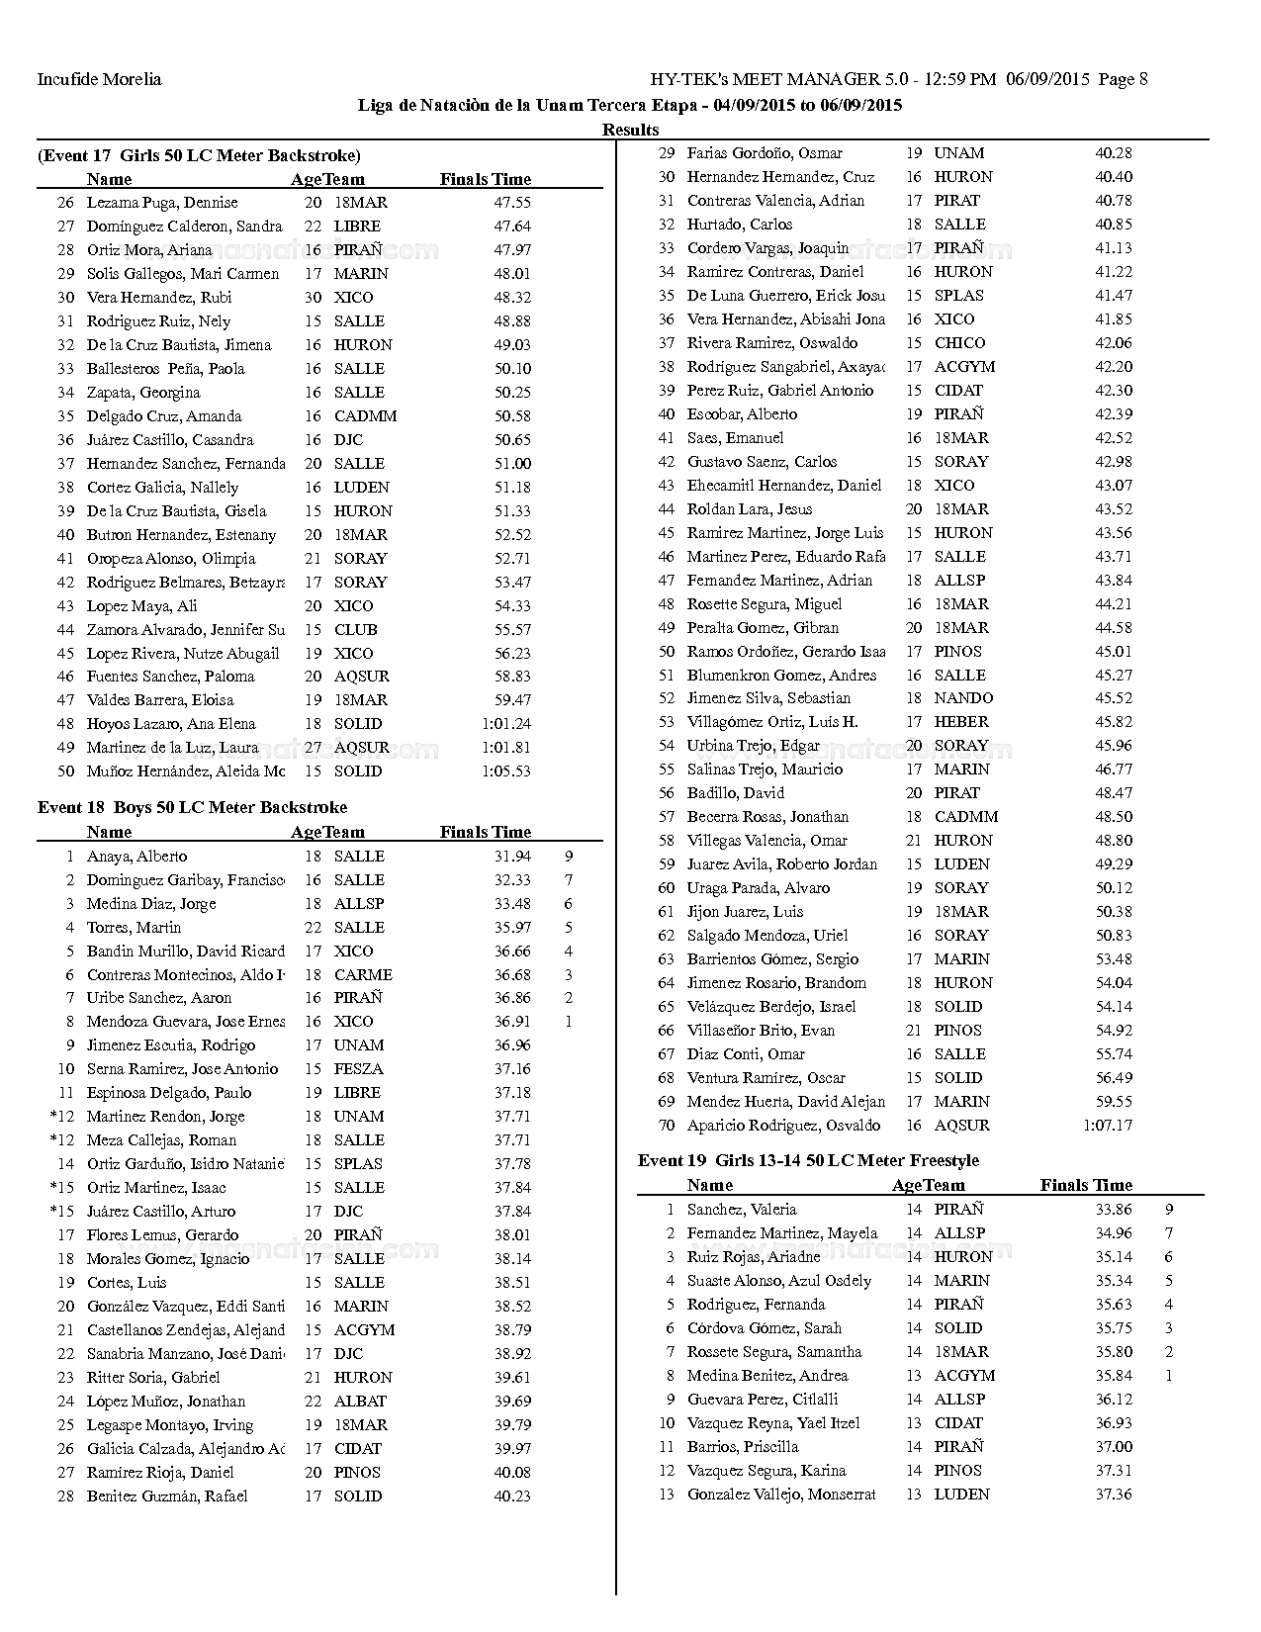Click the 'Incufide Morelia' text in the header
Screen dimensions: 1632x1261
[x=99, y=79]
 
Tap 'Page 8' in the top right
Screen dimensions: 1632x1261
[x=1122, y=79]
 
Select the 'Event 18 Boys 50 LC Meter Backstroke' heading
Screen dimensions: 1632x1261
[x=192, y=808]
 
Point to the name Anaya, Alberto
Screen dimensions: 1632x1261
[x=136, y=857]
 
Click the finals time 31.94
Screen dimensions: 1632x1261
[x=512, y=857]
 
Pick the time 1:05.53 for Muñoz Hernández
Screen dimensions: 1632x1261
[x=505, y=771]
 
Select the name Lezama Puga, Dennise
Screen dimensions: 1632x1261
[x=162, y=203]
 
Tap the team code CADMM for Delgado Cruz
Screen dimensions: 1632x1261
[x=365, y=416]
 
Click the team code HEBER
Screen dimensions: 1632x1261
[x=961, y=722]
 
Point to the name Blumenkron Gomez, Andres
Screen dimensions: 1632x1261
[x=781, y=676]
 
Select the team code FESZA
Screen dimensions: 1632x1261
[x=358, y=1069]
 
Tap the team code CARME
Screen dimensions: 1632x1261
[x=363, y=975]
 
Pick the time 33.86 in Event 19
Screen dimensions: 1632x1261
[x=1114, y=1210]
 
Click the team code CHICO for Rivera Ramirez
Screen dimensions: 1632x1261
[x=959, y=343]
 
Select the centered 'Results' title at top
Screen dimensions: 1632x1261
[x=630, y=130]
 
